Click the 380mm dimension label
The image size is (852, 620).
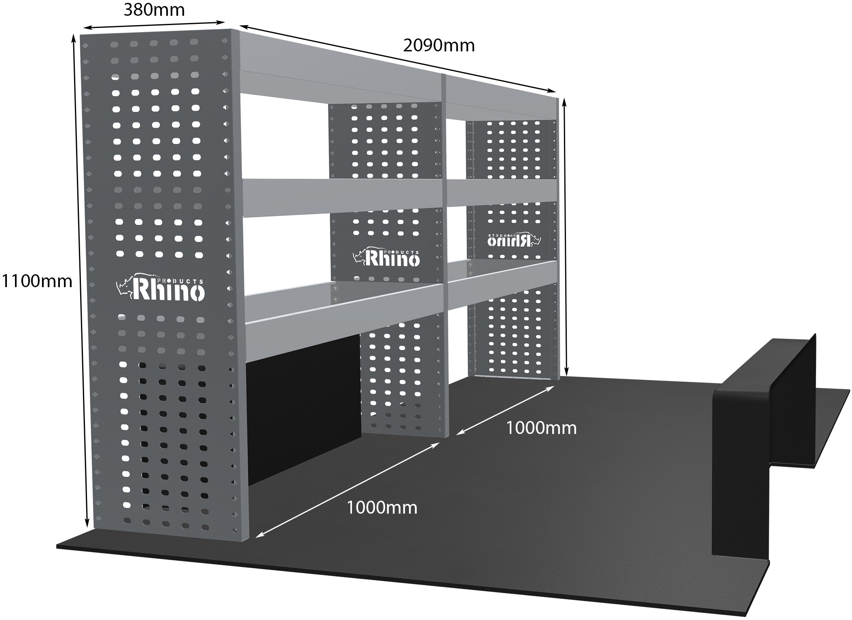click(154, 10)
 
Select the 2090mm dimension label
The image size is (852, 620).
click(439, 46)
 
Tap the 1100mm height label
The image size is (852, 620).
click(37, 281)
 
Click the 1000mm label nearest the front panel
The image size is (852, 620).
click(382, 507)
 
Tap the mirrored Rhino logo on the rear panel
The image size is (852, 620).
click(513, 239)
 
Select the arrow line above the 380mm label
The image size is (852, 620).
click(154, 25)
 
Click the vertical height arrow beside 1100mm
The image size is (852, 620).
click(80, 281)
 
